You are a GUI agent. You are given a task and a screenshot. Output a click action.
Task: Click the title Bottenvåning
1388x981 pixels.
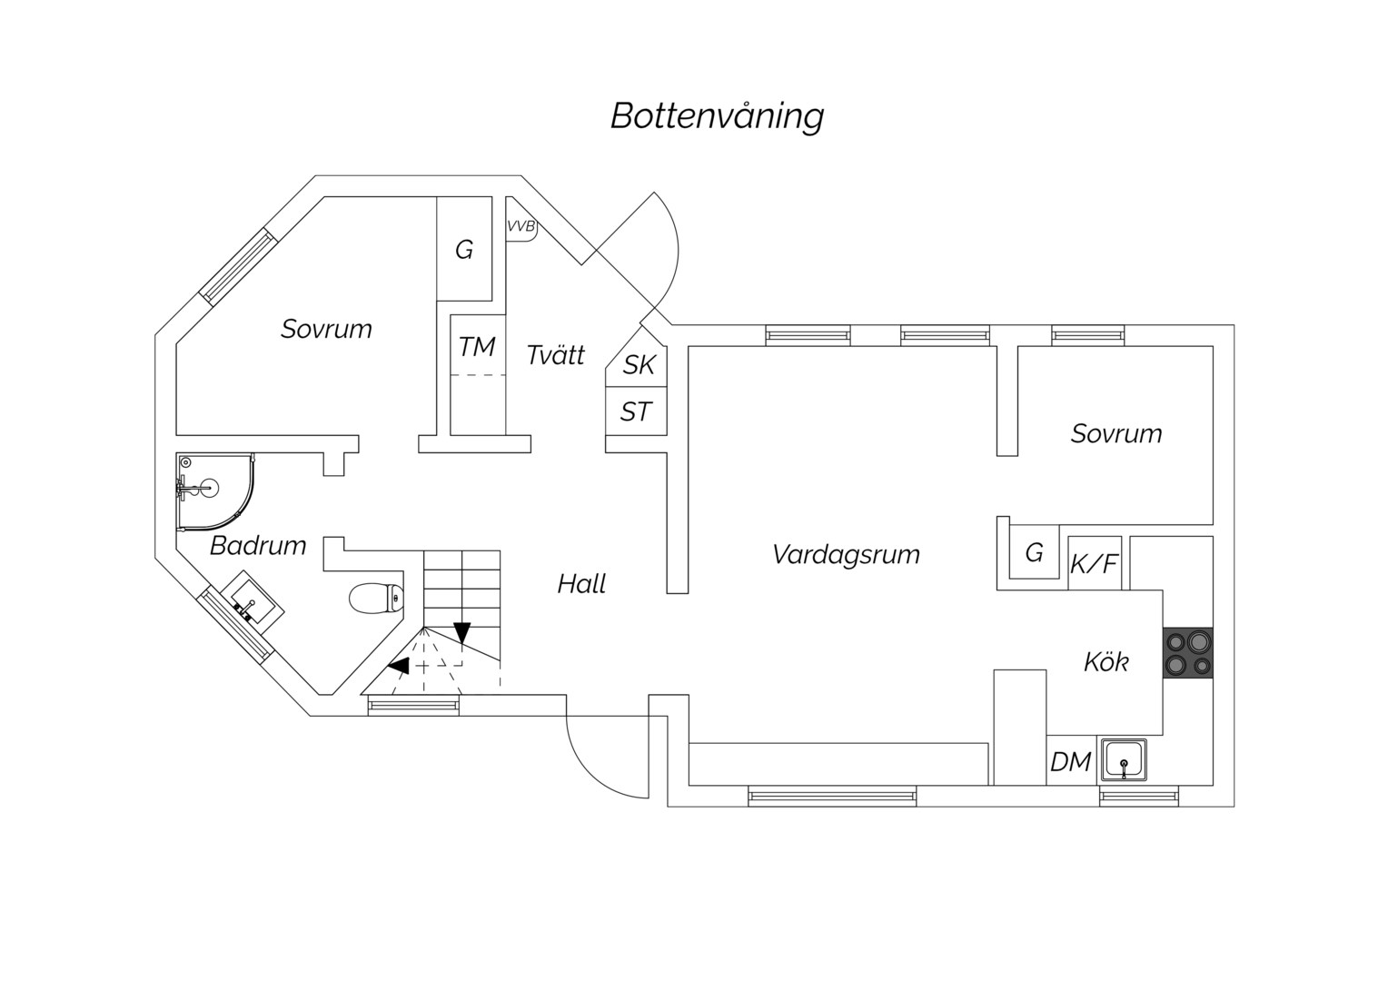[x=717, y=116]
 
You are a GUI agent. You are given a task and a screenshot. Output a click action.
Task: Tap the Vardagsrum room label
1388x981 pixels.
[x=846, y=555]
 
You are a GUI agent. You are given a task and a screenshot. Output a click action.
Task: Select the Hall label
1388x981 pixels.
[x=581, y=584]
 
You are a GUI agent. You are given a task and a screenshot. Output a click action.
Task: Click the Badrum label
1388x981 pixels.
[x=258, y=546]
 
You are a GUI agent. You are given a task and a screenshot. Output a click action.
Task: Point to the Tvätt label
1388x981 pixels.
[x=556, y=355]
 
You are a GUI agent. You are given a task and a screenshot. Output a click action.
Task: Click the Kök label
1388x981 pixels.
[x=1106, y=662]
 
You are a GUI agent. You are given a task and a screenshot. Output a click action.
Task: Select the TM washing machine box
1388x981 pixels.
[x=478, y=345]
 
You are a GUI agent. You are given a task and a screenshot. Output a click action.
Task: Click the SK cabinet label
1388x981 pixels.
[x=639, y=365]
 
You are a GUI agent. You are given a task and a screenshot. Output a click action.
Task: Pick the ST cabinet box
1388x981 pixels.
[x=637, y=411]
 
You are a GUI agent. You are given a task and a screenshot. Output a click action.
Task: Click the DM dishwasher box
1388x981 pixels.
[x=1071, y=760]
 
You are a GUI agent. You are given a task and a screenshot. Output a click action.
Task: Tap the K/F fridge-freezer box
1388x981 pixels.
[x=1095, y=562]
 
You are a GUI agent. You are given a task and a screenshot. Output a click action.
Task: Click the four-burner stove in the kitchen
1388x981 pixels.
[x=1188, y=652]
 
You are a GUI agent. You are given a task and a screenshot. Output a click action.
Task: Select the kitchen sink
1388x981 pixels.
[x=1124, y=759]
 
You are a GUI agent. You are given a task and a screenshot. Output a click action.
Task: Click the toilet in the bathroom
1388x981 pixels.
[x=376, y=598]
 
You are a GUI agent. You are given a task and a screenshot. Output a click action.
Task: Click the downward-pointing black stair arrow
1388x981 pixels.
[x=462, y=632]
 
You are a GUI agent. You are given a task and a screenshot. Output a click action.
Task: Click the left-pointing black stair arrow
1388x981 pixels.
[x=399, y=666]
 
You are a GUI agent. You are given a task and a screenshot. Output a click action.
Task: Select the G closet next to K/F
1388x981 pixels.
[x=1034, y=551]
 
